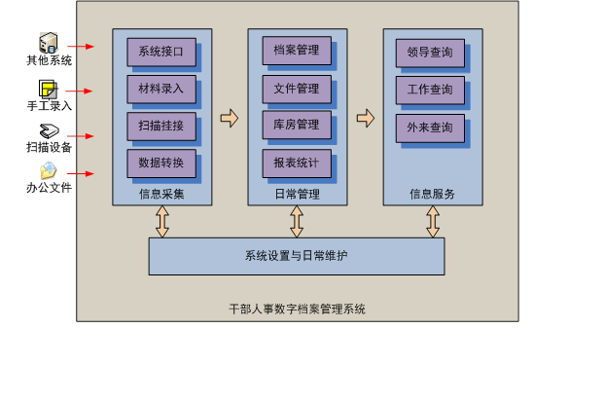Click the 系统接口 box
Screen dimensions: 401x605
(161, 52)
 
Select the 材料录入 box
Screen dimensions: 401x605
(161, 89)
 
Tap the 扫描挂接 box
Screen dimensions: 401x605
(161, 126)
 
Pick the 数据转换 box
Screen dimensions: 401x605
(161, 163)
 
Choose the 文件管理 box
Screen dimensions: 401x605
(297, 89)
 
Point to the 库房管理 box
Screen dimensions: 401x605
(297, 126)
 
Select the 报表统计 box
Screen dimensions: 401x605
(297, 163)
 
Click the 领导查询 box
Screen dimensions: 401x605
(430, 54)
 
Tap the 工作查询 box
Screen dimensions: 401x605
(430, 91)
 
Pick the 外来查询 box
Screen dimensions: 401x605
(430, 128)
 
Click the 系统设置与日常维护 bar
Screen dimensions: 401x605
(296, 256)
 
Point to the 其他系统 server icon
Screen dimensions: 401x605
(49, 43)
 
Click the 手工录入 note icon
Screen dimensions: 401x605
(49, 89)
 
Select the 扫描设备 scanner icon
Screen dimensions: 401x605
(49, 131)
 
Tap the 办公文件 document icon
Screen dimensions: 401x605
(49, 172)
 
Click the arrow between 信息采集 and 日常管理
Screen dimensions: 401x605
(230, 119)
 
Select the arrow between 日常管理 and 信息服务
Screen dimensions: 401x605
(366, 119)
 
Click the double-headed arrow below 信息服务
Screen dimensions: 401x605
(433, 222)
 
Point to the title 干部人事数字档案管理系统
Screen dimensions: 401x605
(297, 310)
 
